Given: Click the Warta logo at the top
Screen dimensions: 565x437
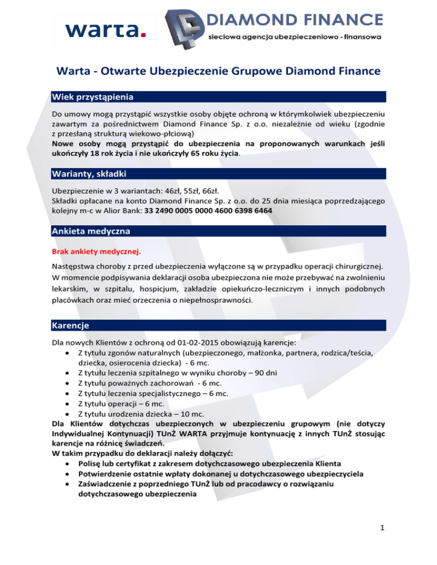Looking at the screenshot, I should (106, 28).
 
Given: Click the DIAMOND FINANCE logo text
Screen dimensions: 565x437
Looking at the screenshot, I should (295, 21).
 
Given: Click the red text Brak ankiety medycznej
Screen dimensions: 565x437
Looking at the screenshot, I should (96, 251).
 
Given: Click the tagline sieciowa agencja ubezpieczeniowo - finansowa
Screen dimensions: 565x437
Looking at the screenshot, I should (296, 37).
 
